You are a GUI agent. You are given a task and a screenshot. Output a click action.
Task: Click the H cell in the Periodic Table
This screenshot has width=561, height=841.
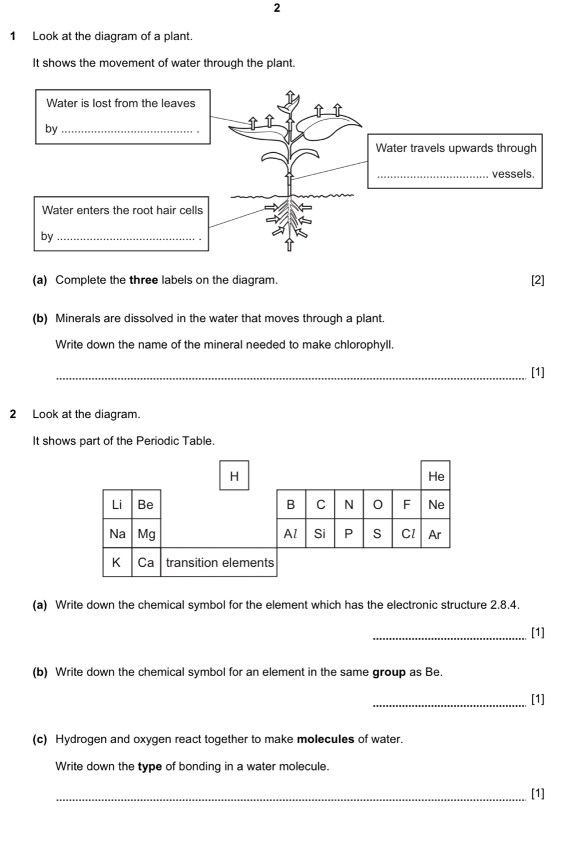[x=234, y=476]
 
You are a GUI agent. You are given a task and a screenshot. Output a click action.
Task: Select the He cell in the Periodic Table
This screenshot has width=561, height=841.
[x=436, y=476]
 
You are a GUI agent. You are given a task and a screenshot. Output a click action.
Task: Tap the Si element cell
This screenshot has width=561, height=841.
[x=320, y=534]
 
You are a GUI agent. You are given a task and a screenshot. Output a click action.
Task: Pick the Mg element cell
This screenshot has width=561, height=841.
[x=147, y=534]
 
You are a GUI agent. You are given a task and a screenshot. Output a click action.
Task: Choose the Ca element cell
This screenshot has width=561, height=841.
[x=146, y=562]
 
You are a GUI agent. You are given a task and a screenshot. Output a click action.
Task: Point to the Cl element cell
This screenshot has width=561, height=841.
[x=407, y=534]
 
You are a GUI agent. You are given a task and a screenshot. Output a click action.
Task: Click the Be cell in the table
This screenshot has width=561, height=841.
[x=146, y=504]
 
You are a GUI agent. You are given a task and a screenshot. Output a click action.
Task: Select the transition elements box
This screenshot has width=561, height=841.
[x=220, y=562]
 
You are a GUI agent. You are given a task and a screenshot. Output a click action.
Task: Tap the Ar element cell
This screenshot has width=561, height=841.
[x=435, y=534]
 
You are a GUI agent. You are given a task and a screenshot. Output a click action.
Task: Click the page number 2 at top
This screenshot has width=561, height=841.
[x=278, y=7]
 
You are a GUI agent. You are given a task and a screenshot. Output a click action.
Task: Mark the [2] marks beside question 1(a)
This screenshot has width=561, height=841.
[x=538, y=280]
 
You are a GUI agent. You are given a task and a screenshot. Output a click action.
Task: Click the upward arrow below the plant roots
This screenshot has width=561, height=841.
[x=290, y=246]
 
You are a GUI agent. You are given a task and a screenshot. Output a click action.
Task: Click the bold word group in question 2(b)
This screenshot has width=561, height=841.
[x=389, y=672]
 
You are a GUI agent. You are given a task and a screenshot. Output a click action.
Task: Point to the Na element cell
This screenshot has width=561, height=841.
[x=117, y=534]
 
